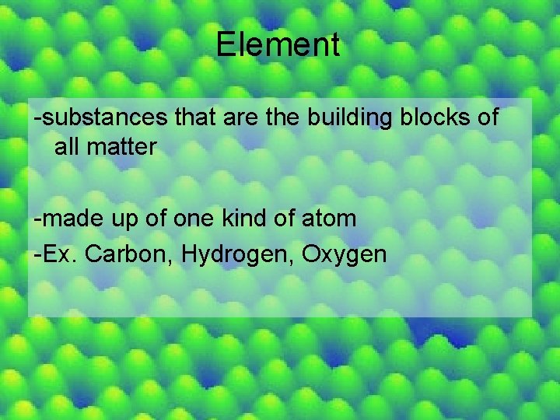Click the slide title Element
pyautogui.click(x=278, y=44)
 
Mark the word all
pyautogui.click(x=65, y=146)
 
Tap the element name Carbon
pyautogui.click(x=120, y=254)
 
